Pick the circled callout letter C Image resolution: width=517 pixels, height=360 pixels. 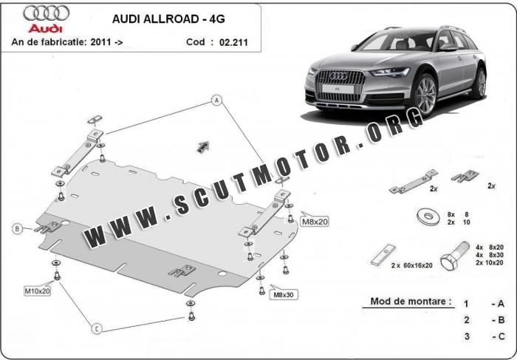pyautogui.click(x=96, y=328)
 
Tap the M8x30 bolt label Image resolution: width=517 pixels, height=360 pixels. pyautogui.click(x=283, y=294)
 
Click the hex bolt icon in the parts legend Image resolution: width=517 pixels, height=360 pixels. pyautogui.click(x=448, y=259)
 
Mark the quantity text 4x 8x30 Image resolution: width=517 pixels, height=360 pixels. pyautogui.click(x=490, y=256)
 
